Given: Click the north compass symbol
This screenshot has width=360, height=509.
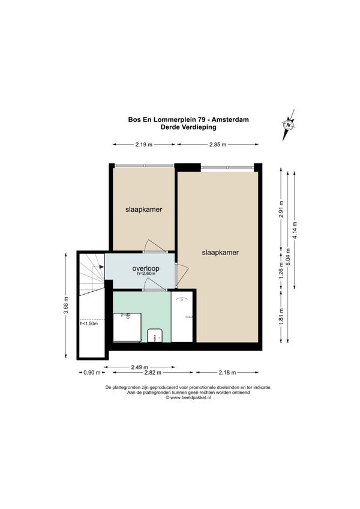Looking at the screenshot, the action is coord(288,125).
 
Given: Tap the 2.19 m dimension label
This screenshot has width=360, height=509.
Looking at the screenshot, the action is coord(144,145).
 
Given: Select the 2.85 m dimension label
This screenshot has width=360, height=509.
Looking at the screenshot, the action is coord(217,145).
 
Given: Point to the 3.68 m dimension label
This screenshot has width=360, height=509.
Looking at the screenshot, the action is coord(66,306).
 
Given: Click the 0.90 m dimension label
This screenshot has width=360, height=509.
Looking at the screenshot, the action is coord(92,373).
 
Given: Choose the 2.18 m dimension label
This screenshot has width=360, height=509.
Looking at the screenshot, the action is coord(227,373).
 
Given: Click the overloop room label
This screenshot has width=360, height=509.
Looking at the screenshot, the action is coord(146,268).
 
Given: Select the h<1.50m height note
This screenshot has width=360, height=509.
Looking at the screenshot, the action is coord(89,324).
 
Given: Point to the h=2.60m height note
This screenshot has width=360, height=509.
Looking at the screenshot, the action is coord(146,273).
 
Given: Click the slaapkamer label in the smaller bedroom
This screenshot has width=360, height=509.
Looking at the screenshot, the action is coord(144,209).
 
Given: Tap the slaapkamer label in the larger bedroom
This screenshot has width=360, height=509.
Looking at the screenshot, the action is coord(220,252).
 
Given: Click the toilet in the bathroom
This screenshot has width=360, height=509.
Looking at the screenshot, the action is coord(155,336).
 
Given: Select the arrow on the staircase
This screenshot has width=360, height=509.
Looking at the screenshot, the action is coord(98,267).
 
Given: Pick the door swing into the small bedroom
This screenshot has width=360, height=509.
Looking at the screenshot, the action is coord(155,245).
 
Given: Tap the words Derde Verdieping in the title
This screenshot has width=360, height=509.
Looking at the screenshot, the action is coord(188,127).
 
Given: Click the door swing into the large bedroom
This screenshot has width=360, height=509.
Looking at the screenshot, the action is coord(182,276).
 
